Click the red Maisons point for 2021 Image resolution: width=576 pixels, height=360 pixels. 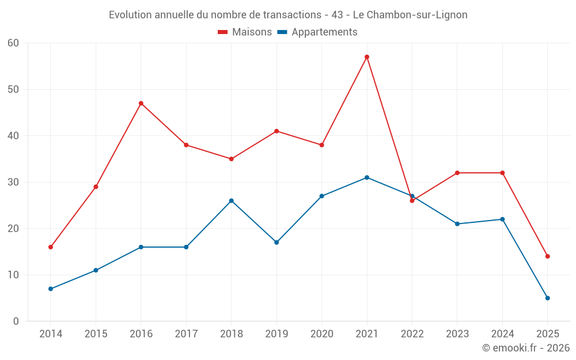[x=367, y=57]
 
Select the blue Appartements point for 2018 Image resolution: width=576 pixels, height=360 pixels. [x=232, y=200]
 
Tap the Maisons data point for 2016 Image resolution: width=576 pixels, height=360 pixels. [x=141, y=103]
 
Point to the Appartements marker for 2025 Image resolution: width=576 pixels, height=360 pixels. [x=547, y=298]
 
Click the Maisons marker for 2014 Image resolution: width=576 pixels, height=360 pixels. [x=51, y=247]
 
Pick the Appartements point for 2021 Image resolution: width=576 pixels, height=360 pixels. [x=367, y=177]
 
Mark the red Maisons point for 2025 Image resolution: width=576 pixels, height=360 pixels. [x=547, y=256]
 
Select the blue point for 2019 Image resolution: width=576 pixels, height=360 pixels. [x=276, y=242]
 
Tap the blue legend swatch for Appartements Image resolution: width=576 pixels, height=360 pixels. [x=282, y=32]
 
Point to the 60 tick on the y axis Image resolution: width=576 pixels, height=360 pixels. [x=13, y=43]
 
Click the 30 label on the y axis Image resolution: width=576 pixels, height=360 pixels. [x=13, y=182]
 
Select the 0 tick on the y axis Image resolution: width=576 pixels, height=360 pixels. [x=16, y=321]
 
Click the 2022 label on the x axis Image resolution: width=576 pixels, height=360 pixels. [x=412, y=334]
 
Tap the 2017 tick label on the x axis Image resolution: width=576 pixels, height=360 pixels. [x=186, y=334]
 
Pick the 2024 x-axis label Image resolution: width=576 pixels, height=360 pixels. [x=502, y=334]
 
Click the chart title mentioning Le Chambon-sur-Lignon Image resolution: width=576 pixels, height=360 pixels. [x=288, y=14]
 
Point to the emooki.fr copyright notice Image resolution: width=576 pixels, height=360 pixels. [x=526, y=348]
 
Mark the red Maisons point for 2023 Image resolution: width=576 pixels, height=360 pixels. [x=457, y=173]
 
